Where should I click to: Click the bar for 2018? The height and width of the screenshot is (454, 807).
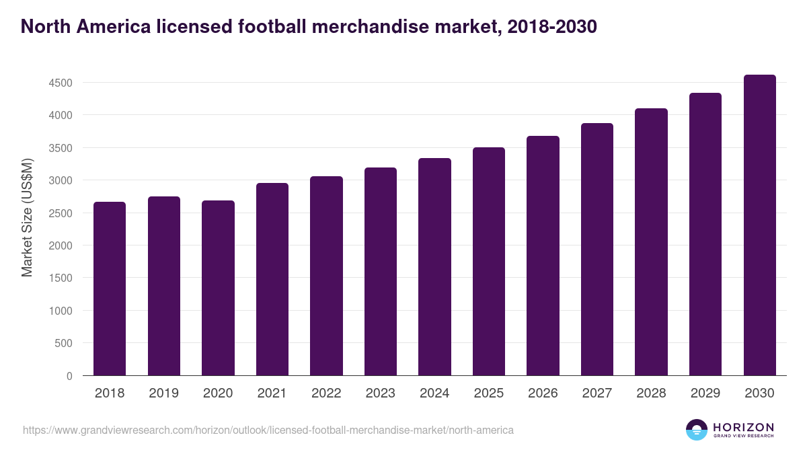pos(110,289)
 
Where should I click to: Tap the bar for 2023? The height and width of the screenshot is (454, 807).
pos(381,272)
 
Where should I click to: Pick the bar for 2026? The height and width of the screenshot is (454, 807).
pos(543,256)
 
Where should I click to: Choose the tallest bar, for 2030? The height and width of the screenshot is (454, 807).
pos(759,225)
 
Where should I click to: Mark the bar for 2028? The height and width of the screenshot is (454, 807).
pos(651,242)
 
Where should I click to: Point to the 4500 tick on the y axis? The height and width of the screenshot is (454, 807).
pos(60,83)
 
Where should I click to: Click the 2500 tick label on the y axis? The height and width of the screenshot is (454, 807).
pos(60,213)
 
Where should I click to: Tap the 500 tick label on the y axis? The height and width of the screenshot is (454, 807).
pos(63,344)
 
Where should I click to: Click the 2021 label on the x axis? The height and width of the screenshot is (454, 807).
pos(272,393)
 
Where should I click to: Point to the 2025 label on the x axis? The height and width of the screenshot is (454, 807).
pos(488,393)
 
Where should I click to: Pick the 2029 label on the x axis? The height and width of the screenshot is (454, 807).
pos(705,393)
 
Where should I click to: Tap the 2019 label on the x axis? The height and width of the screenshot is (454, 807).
pos(163,393)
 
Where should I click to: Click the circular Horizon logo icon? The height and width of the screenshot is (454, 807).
pos(697,430)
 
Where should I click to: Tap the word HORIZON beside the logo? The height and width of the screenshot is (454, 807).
pos(743,426)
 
